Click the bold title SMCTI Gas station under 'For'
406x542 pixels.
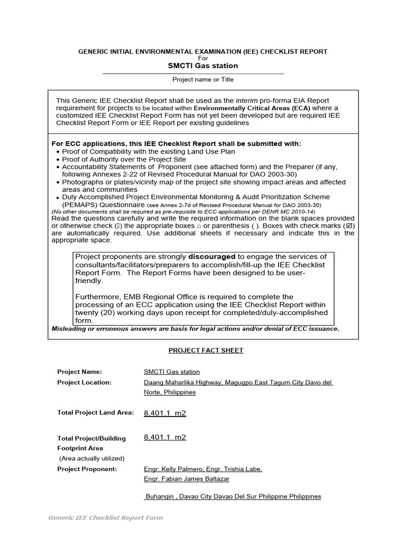click(203, 66)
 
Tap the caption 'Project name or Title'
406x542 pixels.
click(203, 79)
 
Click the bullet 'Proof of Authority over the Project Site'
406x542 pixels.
click(124, 159)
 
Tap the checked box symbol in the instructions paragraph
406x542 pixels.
click(349, 225)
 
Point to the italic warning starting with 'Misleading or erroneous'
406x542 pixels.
click(195, 329)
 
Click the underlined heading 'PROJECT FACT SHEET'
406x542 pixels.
click(206, 350)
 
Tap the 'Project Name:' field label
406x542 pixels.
click(79, 372)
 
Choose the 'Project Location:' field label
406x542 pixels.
click(84, 382)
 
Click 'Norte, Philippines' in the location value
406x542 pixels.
click(170, 392)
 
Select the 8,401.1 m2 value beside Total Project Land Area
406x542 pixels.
click(165, 413)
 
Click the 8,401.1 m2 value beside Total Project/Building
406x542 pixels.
click(165, 437)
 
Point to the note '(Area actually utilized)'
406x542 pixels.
click(91, 458)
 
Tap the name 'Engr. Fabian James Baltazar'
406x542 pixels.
click(187, 479)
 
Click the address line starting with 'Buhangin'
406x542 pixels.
click(233, 496)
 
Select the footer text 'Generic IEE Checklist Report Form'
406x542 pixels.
click(106, 518)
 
